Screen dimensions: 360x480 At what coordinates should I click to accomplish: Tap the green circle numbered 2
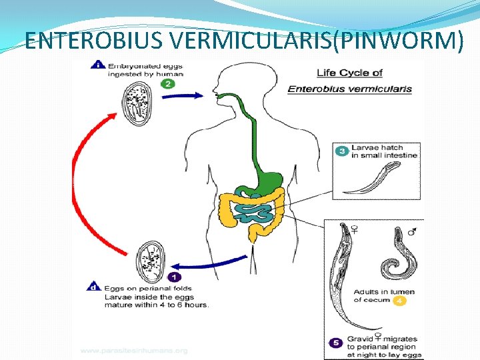(x=168, y=84)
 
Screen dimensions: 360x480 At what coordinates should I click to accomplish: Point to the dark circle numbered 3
(x=341, y=151)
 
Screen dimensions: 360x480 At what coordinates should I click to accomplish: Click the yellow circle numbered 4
(x=399, y=301)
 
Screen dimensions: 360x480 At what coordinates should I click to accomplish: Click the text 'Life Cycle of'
(x=350, y=73)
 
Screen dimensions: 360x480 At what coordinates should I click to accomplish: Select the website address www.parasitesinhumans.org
(x=134, y=351)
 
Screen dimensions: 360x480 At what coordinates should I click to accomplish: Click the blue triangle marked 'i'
(x=98, y=65)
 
